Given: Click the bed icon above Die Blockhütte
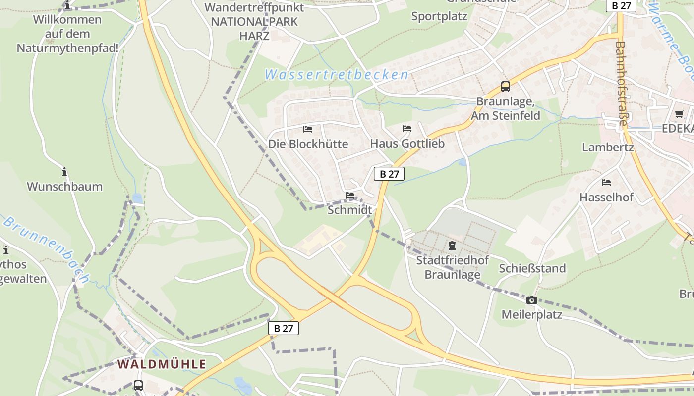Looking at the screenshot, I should pos(308,129).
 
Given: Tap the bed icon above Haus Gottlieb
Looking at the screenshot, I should pos(407,129).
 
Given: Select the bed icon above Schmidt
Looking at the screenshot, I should pos(350,196).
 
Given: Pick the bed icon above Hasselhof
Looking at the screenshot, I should pos(606,183).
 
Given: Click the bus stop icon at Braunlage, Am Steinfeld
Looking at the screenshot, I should pos(505,87).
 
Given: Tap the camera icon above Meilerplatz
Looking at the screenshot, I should pos(532,300).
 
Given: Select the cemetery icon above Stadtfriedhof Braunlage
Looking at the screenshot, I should pos(452,246).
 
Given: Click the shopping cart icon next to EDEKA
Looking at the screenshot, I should pos(679,114).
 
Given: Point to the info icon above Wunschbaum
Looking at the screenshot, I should pos(64,172).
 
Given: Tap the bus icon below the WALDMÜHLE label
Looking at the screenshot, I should pos(138,385).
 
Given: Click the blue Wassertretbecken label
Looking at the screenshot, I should pos(337,75).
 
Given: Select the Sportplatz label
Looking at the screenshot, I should pos(439,16).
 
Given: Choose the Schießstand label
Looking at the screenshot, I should pos(532,268).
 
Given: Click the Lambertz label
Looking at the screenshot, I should pos(608,147).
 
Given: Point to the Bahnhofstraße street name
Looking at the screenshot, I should pos(622,84).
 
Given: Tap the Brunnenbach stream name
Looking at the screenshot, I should pos(47,250).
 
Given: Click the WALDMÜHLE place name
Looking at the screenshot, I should pos(162,364).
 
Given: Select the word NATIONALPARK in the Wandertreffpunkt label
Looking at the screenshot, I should pos(254,22).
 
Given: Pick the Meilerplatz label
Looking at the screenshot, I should pos(531,314).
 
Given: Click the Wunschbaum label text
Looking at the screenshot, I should pos(64,187).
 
